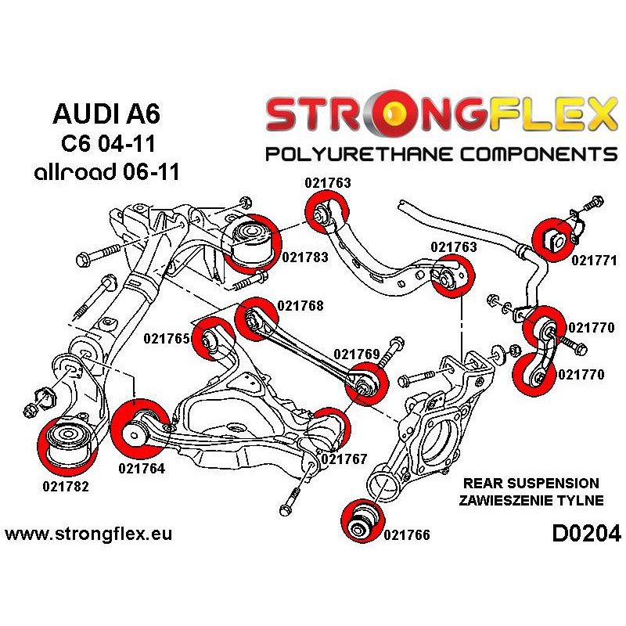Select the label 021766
(x=407, y=535)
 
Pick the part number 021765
(x=167, y=339)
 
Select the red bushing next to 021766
(x=362, y=520)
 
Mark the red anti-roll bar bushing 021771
(x=554, y=239)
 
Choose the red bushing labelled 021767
(x=329, y=430)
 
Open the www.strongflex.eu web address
(x=88, y=535)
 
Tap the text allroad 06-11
(x=106, y=171)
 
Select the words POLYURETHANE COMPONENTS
(x=441, y=153)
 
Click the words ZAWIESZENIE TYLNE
(x=533, y=500)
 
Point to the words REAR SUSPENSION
(x=531, y=484)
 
